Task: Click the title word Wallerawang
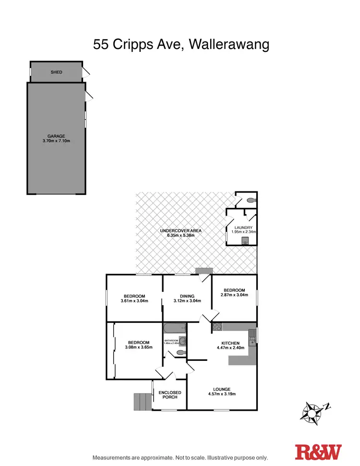229,45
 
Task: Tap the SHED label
57,72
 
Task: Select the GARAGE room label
56,136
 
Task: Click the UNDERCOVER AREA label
180,231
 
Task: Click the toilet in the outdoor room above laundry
251,200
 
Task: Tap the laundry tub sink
246,239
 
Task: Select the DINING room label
187,296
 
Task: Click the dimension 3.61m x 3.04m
134,301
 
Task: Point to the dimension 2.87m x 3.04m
234,296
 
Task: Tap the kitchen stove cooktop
216,328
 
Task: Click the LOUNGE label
222,389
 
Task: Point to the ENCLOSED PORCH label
170,394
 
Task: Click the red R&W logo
318,453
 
